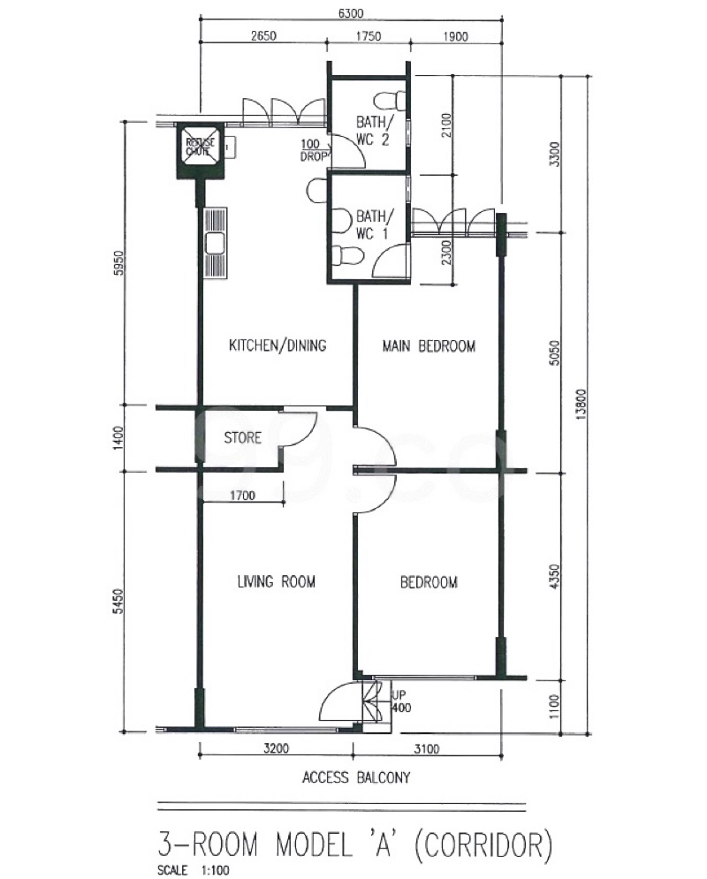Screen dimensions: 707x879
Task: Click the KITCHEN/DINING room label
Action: [277, 345]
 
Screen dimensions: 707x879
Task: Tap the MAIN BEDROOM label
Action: [429, 346]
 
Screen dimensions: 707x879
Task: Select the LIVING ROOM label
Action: [277, 582]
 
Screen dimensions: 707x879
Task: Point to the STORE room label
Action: [243, 437]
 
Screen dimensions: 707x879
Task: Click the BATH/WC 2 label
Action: [373, 130]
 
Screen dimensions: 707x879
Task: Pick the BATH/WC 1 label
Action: [373, 224]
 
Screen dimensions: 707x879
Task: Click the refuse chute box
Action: [200, 150]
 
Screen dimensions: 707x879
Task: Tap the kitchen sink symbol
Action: [216, 243]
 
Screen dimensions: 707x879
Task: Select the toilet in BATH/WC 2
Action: [389, 100]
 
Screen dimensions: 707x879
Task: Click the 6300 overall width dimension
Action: [351, 13]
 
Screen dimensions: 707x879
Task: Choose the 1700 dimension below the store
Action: [242, 495]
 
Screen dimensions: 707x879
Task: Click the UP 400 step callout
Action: [401, 701]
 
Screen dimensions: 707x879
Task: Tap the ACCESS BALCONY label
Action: [356, 777]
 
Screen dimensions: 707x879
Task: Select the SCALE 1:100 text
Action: [194, 870]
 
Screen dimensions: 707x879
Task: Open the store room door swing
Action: [300, 428]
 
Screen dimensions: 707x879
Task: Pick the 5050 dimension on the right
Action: [554, 353]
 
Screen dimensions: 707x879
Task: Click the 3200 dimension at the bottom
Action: [276, 748]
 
